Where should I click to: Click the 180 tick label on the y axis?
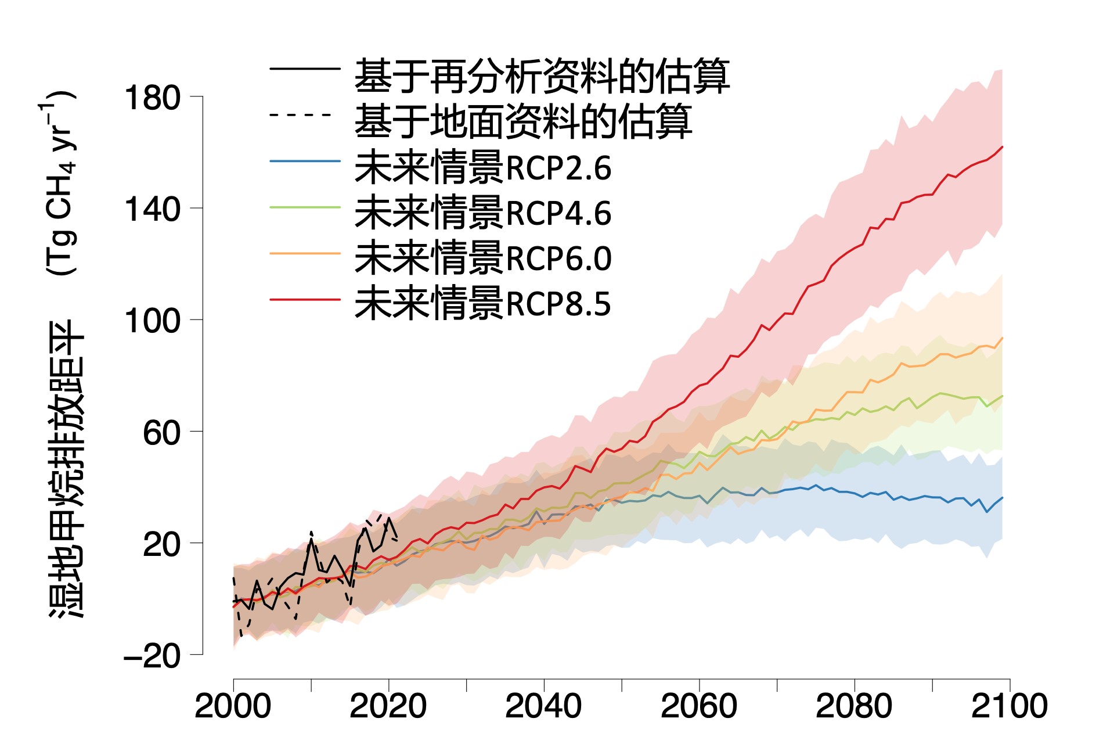152,98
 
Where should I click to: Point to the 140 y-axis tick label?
152,209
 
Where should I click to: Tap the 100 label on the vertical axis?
152,321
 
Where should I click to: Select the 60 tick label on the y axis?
161,433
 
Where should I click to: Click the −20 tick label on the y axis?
152,656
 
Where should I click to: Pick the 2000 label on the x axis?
233,706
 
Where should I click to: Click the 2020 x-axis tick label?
388,706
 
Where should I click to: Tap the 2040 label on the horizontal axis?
543,706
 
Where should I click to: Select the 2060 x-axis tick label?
698,706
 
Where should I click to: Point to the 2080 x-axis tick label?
854,706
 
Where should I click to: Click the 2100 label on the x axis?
1009,706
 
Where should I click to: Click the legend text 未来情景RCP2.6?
482,168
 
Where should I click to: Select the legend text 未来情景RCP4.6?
482,213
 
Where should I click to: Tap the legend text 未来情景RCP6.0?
482,258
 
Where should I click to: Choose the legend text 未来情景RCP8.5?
482,304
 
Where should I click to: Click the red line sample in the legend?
305,300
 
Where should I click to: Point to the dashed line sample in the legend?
301,114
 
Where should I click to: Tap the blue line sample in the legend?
305,161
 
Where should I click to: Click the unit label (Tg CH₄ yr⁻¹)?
60,182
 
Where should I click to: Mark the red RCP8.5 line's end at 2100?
1002,147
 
